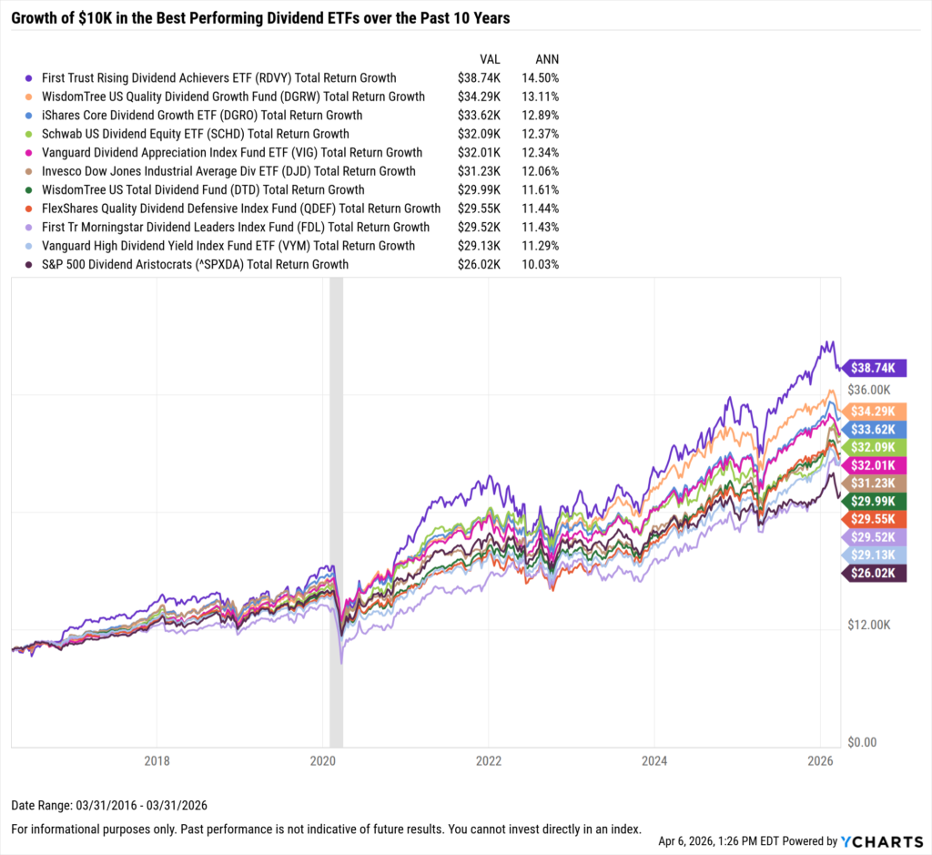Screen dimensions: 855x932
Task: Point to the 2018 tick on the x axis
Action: pyautogui.click(x=157, y=759)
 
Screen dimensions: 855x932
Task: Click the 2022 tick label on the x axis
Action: pyautogui.click(x=489, y=759)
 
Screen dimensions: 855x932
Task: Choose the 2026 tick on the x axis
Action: pyautogui.click(x=821, y=759)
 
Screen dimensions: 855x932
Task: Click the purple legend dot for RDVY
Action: pyautogui.click(x=30, y=78)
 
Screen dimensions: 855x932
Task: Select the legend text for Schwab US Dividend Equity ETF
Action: pyautogui.click(x=196, y=134)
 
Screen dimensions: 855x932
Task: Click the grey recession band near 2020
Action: pyautogui.click(x=336, y=510)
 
